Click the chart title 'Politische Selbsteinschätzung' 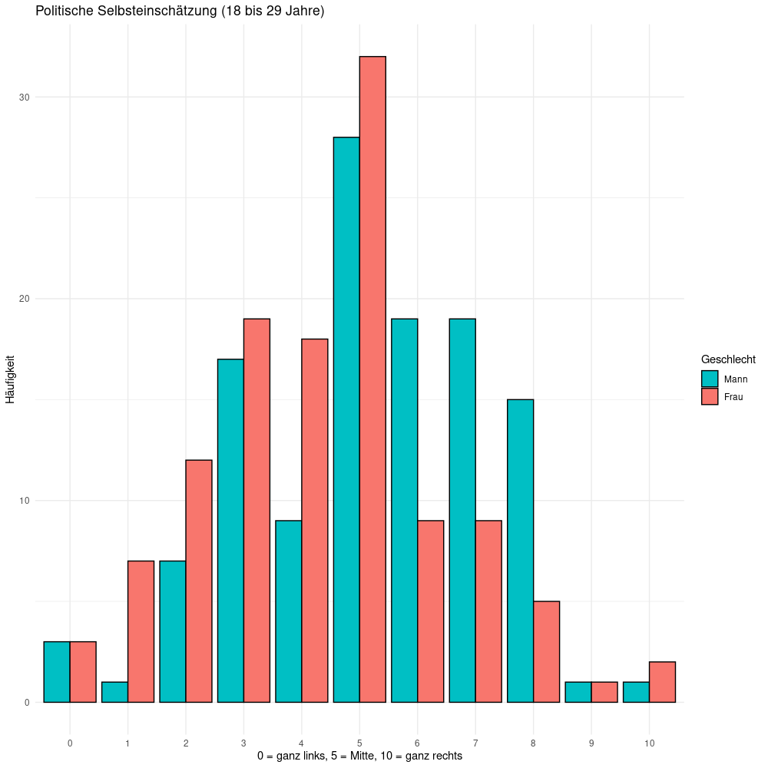pos(180,12)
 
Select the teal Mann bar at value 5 pos(346,419)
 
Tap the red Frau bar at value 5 pos(372,379)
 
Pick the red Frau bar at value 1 pos(141,631)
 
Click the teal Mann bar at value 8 pos(520,551)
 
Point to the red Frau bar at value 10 pos(662,682)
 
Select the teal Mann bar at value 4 pos(288,611)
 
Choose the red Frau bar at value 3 pos(257,510)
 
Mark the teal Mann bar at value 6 pos(404,510)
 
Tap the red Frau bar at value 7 pos(488,611)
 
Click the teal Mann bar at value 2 pos(172,631)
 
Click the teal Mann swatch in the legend pos(710,379)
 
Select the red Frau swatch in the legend pos(710,396)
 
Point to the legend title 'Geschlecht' pos(728,359)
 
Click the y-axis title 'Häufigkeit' pos(11,379)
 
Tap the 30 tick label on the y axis pos(25,97)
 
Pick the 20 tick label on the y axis pos(25,299)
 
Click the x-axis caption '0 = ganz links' pos(292,756)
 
